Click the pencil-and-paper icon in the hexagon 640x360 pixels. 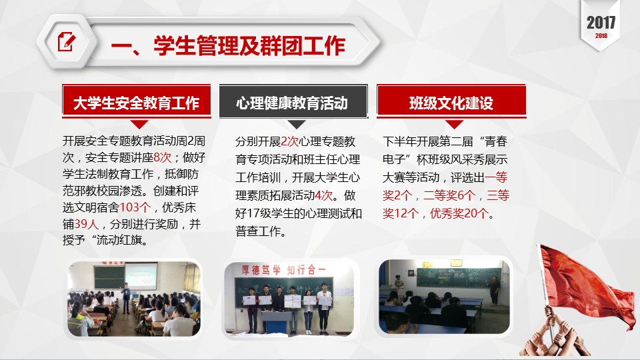coord(67,41)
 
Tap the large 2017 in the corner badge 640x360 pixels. coord(601,23)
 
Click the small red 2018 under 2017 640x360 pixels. coord(601,36)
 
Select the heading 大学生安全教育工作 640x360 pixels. coord(136,103)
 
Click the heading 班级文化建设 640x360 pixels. coord(451,103)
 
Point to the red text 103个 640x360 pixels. coord(135,207)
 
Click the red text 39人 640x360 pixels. coord(87,224)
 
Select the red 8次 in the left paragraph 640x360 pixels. coord(163,157)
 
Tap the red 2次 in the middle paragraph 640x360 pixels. coord(290,141)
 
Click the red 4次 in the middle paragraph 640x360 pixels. coord(324,195)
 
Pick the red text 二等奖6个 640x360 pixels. coord(449,195)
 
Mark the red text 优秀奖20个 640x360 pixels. coord(459,213)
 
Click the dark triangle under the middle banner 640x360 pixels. coord(297,124)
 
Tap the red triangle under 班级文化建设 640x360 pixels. coord(454,124)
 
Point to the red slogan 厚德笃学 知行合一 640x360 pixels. coord(283,270)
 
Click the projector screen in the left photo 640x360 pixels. coord(140,276)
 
